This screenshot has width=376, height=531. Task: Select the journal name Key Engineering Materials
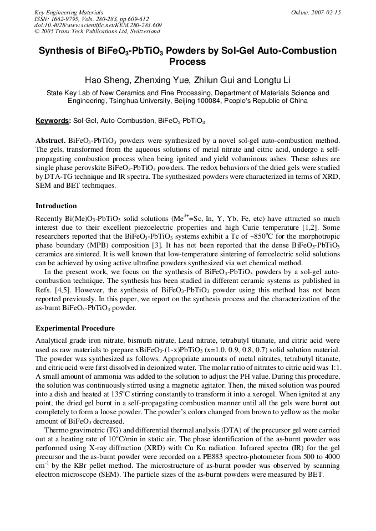(x=69, y=12)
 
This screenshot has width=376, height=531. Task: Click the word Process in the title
(x=187, y=62)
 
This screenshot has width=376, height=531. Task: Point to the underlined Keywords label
(x=53, y=121)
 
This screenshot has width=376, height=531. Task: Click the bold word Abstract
(x=50, y=141)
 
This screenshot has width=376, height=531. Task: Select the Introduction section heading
(x=56, y=206)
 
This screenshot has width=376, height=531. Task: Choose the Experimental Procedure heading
(x=75, y=328)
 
